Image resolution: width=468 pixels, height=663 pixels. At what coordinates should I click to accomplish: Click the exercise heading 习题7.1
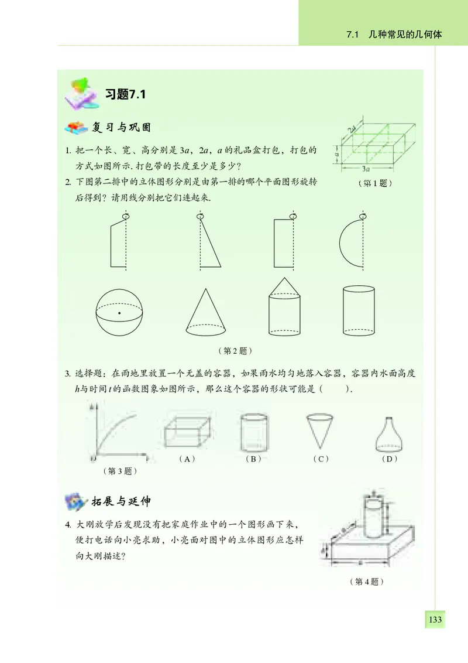tap(124, 94)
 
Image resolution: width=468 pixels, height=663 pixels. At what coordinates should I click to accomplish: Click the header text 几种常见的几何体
tap(401, 35)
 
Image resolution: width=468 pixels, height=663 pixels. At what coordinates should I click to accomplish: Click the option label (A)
tap(187, 459)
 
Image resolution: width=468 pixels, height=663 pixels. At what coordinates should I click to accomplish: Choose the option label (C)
tap(320, 459)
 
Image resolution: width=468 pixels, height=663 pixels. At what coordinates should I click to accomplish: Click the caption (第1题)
tap(374, 183)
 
